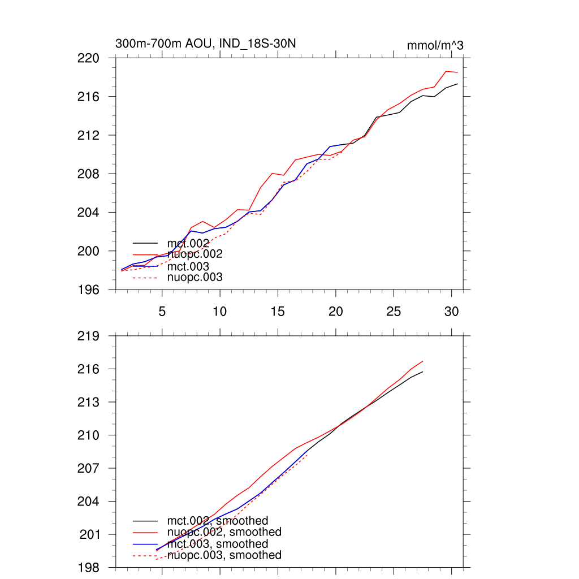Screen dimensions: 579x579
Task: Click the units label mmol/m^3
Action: pyautogui.click(x=435, y=45)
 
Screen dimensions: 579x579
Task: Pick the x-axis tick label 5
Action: pyautogui.click(x=162, y=311)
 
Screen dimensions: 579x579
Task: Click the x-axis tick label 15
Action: pyautogui.click(x=278, y=311)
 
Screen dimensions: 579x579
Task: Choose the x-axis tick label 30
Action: pyautogui.click(x=451, y=311)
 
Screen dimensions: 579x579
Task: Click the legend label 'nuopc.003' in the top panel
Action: pyautogui.click(x=195, y=278)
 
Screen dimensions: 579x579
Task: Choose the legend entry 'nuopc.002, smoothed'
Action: pyautogui.click(x=224, y=532)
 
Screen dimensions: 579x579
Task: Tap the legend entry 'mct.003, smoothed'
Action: pyautogui.click(x=218, y=544)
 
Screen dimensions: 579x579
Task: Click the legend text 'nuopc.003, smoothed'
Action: pyautogui.click(x=224, y=555)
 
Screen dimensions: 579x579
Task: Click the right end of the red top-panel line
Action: pyautogui.click(x=457, y=72)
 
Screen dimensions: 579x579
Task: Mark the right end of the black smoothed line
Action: pyautogui.click(x=422, y=371)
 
